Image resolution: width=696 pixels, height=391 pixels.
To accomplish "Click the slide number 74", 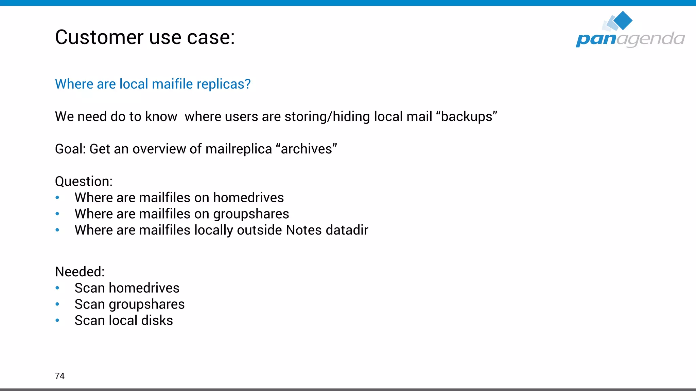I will click(x=59, y=376).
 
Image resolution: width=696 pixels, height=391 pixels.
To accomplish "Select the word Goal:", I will click(x=70, y=149).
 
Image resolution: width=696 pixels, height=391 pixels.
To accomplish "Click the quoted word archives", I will click(x=307, y=149).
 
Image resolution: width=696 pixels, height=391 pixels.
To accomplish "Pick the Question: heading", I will click(x=84, y=181).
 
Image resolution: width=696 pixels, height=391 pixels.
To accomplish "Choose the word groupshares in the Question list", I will click(x=251, y=214).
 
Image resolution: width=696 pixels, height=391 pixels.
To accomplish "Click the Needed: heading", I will click(x=80, y=272).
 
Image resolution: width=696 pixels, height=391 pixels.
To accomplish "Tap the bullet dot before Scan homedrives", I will click(x=57, y=288).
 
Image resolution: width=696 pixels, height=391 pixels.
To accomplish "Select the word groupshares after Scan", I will click(x=146, y=304).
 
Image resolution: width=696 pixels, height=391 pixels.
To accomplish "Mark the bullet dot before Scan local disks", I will click(x=57, y=320).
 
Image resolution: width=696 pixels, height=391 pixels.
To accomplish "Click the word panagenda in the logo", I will click(x=630, y=39).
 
